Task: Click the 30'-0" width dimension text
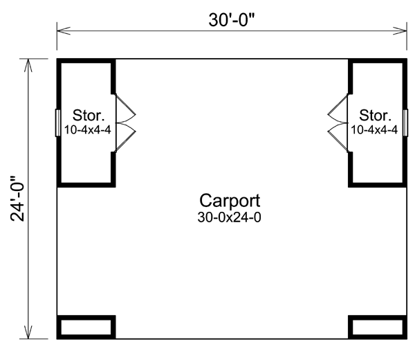coord(231,20)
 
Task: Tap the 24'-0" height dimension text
coord(17,199)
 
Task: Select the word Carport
coord(230,201)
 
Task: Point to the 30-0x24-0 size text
coord(229,217)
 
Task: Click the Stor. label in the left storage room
coord(89,116)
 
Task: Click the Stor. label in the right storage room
coord(375,116)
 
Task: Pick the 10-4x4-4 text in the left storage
coord(88,129)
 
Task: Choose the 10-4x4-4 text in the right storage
coord(374,129)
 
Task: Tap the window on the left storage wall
coord(58,123)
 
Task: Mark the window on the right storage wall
coord(405,123)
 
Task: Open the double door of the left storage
coord(125,123)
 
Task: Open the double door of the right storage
coord(338,123)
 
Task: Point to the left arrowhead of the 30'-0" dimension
coord(64,30)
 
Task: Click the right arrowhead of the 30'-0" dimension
coord(400,30)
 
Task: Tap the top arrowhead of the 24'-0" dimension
coord(28,66)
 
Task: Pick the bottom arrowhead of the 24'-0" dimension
coord(28,332)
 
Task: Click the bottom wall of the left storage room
coord(86,185)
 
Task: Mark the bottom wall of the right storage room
coord(378,185)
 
